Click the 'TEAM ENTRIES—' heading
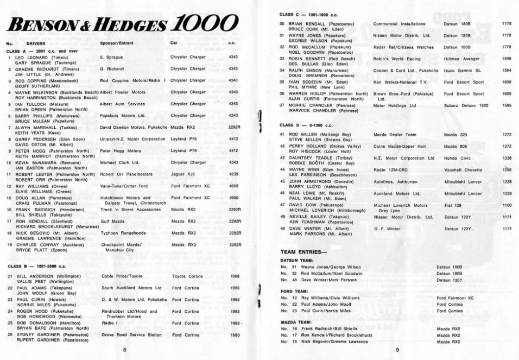pyautogui.click(x=303, y=252)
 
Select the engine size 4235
pyautogui.click(x=234, y=174)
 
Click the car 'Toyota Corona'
pyautogui.click(x=186, y=276)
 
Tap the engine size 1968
pyautogui.click(x=235, y=276)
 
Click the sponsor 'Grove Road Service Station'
pyautogui.click(x=131, y=334)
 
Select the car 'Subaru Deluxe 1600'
pyautogui.click(x=466, y=105)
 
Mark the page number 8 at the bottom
pyautogui.click(x=124, y=350)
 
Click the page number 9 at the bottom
pyautogui.click(x=397, y=350)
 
